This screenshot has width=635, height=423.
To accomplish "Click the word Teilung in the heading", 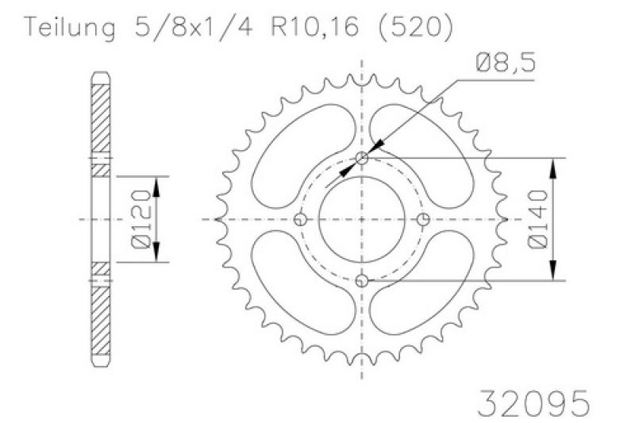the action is point(69,28).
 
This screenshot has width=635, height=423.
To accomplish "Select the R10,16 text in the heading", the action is point(314,27).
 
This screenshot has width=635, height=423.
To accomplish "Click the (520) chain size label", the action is point(415,27).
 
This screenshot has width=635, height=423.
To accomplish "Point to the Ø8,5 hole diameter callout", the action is point(506,63).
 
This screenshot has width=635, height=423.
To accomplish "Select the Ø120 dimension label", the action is point(141,218).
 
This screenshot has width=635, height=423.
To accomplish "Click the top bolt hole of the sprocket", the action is point(362,158).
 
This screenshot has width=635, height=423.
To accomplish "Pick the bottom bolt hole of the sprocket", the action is point(362,280).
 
